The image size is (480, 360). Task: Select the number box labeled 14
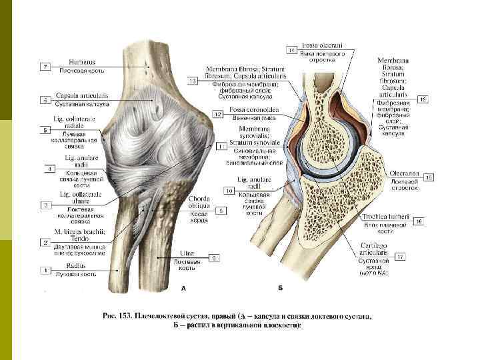click(x=292, y=50)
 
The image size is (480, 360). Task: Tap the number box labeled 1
click(x=46, y=270)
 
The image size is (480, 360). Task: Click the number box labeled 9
click(x=214, y=257)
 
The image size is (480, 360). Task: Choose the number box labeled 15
click(x=429, y=177)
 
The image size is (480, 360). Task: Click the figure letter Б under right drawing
click(x=280, y=289)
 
